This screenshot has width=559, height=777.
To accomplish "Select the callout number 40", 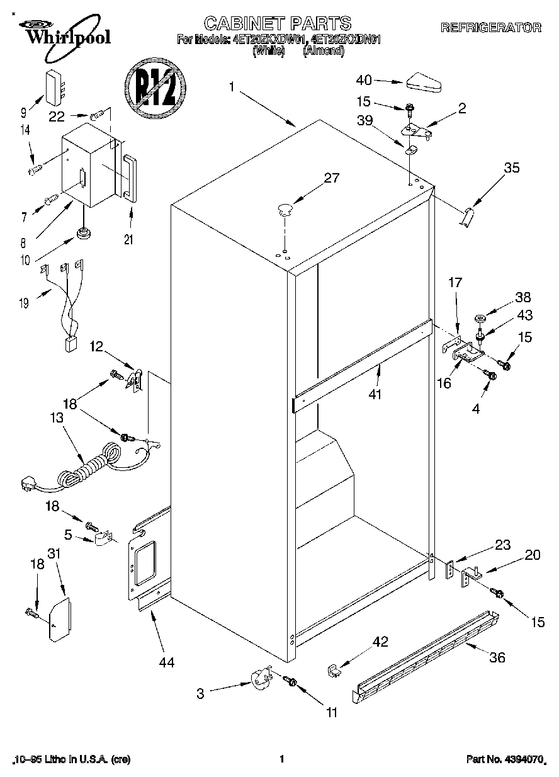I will (x=364, y=80).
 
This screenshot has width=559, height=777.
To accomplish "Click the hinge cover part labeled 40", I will (x=424, y=82).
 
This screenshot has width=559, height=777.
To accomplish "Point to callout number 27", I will (x=330, y=178).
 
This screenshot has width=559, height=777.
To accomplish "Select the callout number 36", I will (x=497, y=657).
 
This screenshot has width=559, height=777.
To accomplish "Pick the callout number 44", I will (x=166, y=662).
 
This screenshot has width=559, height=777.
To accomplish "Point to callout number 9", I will (x=23, y=113).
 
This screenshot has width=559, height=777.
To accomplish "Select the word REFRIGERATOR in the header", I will (x=490, y=27).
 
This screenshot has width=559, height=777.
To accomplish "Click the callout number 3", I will (x=200, y=694).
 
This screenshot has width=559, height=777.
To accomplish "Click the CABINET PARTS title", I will (x=278, y=23).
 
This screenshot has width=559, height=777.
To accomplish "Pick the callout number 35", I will (x=512, y=167).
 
